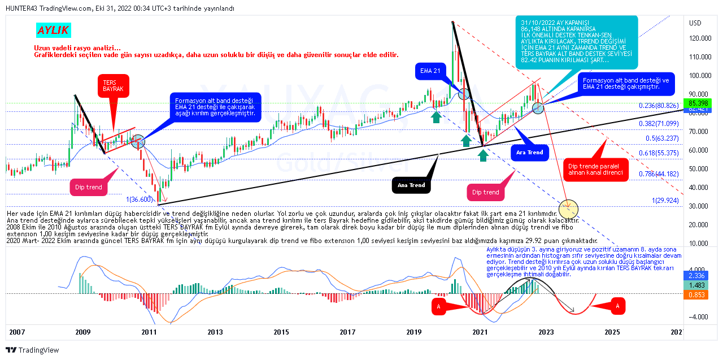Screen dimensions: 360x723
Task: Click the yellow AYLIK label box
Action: click(x=53, y=31)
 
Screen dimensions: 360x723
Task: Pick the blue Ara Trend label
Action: click(x=529, y=152)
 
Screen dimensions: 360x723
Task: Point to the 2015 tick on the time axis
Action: click(x=281, y=332)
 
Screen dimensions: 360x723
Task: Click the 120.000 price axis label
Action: click(x=702, y=38)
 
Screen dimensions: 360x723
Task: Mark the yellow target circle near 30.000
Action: click(x=568, y=209)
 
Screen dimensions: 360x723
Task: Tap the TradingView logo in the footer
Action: click(x=32, y=350)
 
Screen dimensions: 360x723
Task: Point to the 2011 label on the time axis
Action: click(x=149, y=332)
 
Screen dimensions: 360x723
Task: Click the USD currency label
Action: click(x=695, y=23)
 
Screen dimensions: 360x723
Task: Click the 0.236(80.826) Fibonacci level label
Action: click(x=661, y=106)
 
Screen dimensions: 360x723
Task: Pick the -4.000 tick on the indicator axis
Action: click(x=699, y=316)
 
